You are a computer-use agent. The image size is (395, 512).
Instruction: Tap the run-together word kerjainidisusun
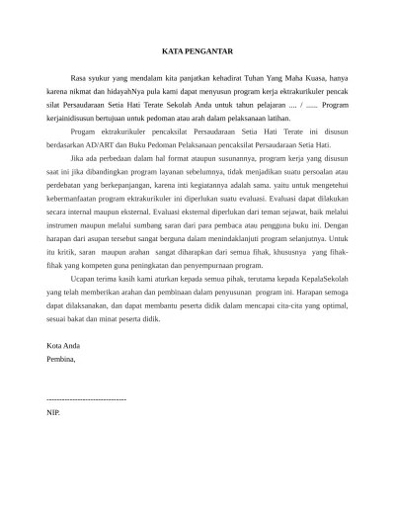coord(73,117)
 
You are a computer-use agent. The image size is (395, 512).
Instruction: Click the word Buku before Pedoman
coord(156,143)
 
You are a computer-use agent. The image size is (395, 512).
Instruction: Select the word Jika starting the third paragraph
coord(79,157)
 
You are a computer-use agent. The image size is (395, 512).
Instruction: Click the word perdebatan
coord(70,184)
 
